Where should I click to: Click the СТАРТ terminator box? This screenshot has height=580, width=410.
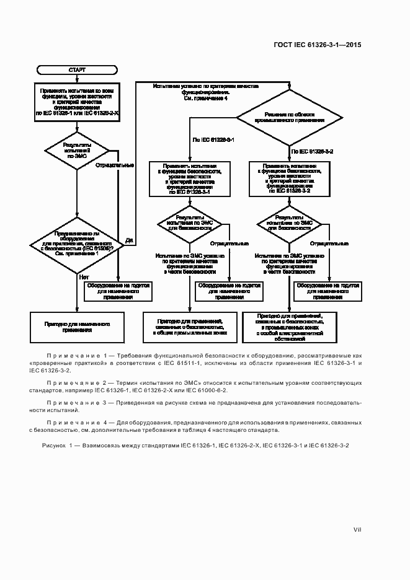pos(77,70)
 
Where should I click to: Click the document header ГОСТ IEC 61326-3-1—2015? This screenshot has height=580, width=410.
pos(318,45)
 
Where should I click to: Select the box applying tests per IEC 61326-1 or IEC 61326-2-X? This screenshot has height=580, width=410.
pos(77,102)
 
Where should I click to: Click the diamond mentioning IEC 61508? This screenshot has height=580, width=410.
pos(77,244)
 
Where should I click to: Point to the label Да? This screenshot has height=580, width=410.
pos(129,240)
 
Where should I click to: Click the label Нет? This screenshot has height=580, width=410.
pos(84,277)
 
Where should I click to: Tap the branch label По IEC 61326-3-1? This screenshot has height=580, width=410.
pos(215,141)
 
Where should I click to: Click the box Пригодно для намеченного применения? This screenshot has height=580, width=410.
pos(77,326)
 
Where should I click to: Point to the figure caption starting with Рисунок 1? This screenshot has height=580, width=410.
pos(195,446)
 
